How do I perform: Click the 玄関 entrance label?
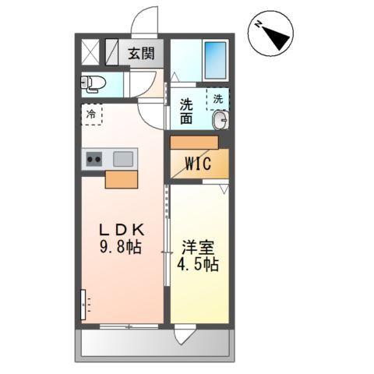coord(142,55)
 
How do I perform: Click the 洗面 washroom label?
coord(187,111)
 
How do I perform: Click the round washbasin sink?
coord(220,120)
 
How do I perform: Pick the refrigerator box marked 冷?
coord(92,115)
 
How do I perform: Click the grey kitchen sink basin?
coord(123,159)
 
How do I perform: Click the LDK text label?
coord(122,230)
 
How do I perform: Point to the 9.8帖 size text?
coord(122,249)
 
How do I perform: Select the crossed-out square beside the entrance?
coord(91,54)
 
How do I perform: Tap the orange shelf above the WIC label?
coord(195,143)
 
